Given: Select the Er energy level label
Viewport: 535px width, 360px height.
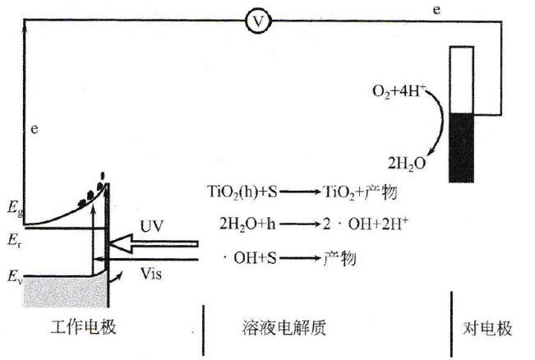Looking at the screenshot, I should [x=13, y=241].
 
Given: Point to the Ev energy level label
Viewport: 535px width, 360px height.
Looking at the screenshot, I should [x=13, y=275].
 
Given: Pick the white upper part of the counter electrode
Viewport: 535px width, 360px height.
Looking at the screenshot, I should [x=462, y=78].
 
